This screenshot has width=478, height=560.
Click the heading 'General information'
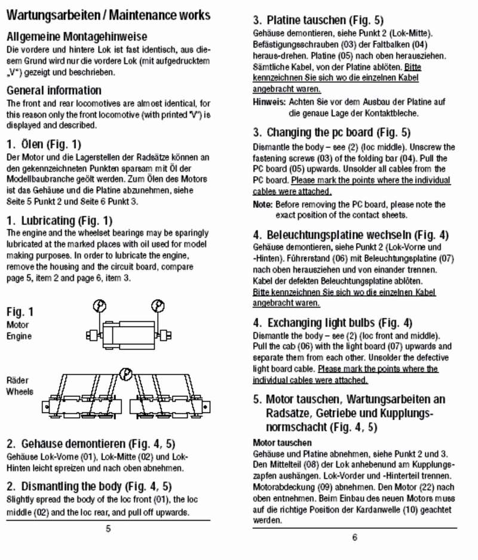pyautogui.click(x=54, y=91)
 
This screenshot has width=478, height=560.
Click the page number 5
pyautogui.click(x=108, y=529)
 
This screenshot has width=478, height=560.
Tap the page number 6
pyautogui.click(x=354, y=537)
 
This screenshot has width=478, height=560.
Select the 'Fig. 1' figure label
pyautogui.click(x=20, y=312)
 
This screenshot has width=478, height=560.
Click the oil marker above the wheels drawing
pyautogui.click(x=125, y=374)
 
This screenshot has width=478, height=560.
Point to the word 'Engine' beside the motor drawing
pyautogui.click(x=19, y=336)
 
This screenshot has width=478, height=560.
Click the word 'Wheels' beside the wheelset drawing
pyautogui.click(x=19, y=392)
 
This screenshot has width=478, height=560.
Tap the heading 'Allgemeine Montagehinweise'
pyautogui.click(x=76, y=37)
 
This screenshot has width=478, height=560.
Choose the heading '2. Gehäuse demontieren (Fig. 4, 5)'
pyautogui.click(x=90, y=444)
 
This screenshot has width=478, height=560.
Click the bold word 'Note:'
pyautogui.click(x=263, y=205)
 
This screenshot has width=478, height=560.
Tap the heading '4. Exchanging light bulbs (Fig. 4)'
pyautogui.click(x=332, y=323)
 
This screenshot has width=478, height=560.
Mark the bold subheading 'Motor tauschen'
pyautogui.click(x=282, y=443)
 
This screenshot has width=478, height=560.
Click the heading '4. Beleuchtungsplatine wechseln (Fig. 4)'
pyautogui.click(x=351, y=235)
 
